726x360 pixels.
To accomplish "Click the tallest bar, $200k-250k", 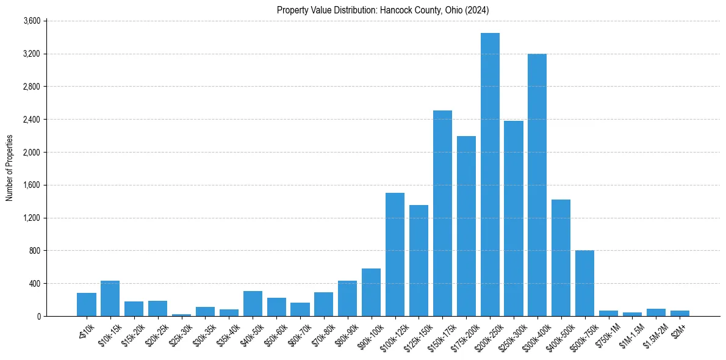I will click(490, 175).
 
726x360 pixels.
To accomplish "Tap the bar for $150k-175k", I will click(442, 213).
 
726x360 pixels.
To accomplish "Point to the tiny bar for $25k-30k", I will click(181, 315).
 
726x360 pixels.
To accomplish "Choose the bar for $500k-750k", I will click(584, 283).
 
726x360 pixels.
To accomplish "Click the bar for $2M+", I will click(680, 313).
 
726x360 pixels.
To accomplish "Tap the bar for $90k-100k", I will click(371, 292).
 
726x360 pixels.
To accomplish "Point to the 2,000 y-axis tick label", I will click(32, 152).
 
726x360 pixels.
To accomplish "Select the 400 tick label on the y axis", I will click(34, 284).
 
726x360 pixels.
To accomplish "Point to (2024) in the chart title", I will click(478, 10).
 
